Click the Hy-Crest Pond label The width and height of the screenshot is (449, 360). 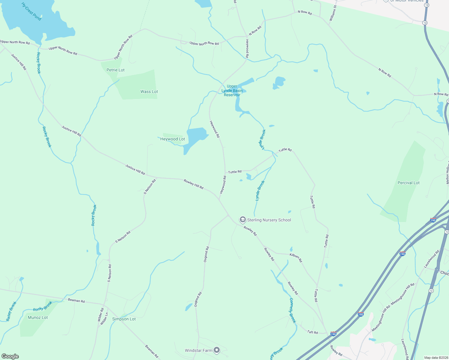coord(31,11)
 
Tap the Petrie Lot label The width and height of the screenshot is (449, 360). coord(116,70)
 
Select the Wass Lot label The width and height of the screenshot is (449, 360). coord(149,91)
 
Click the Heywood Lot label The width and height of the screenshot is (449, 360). coord(173,139)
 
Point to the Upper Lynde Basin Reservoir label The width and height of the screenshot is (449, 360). coord(232,91)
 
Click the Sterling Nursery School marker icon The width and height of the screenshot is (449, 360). coord(243,220)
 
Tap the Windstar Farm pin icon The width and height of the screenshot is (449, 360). coord(217,350)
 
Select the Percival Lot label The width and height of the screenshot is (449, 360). coord(408,183)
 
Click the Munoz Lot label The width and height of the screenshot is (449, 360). coord(38,317)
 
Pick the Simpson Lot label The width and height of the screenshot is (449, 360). coord(124,319)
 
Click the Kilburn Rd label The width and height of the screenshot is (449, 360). coord(296,258)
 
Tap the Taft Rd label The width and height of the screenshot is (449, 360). coord(312,332)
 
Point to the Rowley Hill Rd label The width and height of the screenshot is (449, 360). coord(194,184)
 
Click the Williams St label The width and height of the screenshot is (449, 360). coord(333,13)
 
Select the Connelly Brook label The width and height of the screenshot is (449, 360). coord(293,310)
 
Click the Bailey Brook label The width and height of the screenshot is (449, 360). coord(11,311)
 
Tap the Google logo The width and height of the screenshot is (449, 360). coord(10,356)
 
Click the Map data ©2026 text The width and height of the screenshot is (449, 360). coord(435,358)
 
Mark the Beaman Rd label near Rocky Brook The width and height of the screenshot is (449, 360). coord(76,300)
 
